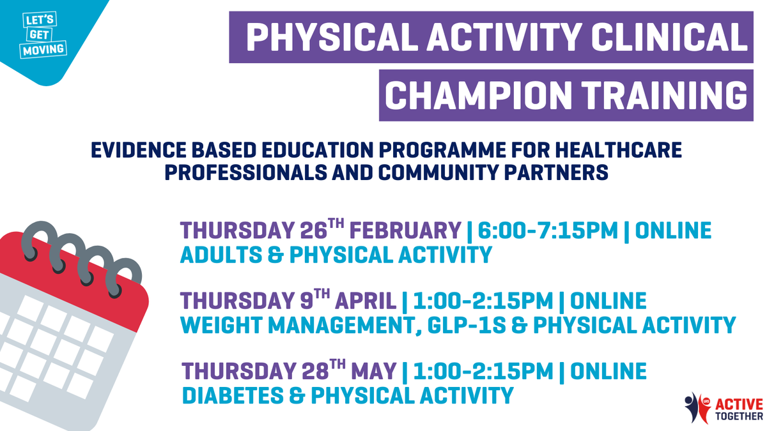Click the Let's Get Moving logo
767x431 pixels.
point(43,35)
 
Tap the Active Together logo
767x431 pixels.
point(724,409)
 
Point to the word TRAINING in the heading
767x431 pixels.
point(665,95)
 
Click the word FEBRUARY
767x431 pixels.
point(405,231)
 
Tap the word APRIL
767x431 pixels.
point(366,301)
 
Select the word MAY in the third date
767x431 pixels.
point(374,372)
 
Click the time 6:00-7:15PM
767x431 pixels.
point(548,231)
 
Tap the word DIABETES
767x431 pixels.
point(233,395)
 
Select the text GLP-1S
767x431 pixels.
point(467,325)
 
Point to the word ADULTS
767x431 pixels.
point(221,255)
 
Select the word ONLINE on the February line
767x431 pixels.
point(673,231)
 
